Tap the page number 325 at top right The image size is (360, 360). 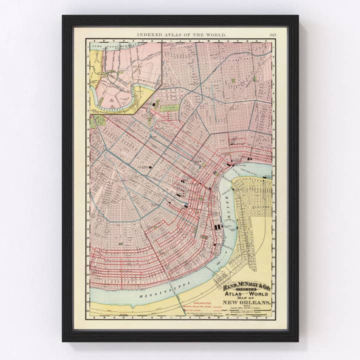(272, 34)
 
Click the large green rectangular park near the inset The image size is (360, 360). (169, 107)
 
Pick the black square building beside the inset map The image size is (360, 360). (153, 104)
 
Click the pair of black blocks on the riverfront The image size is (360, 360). (217, 226)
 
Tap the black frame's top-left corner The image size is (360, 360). (63, 16)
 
